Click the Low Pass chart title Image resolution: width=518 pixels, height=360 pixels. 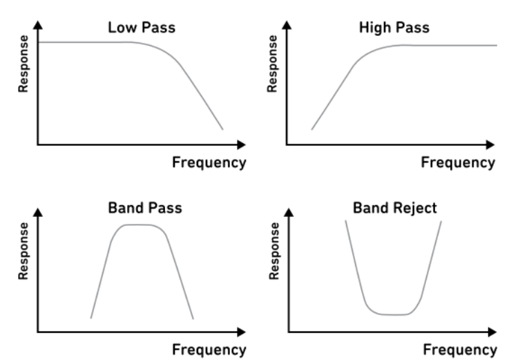click(x=142, y=28)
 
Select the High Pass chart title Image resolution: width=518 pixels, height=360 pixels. click(x=394, y=28)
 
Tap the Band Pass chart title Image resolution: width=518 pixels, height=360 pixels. click(x=145, y=208)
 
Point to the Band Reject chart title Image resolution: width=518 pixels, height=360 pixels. click(x=395, y=208)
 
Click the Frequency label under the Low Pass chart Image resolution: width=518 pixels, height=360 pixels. click(x=209, y=163)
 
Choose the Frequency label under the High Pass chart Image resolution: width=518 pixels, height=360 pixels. click(x=458, y=163)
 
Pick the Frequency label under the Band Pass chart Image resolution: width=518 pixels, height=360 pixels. click(x=209, y=350)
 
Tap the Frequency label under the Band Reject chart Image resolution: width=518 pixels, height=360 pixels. click(x=460, y=350)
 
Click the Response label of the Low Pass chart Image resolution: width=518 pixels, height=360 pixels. click(x=23, y=64)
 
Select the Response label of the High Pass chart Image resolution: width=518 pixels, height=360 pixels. click(x=272, y=64)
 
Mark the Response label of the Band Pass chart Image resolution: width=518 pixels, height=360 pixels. click(x=23, y=252)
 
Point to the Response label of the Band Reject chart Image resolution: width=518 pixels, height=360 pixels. click(x=274, y=252)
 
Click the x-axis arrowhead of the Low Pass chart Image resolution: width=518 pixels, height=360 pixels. click(x=242, y=144)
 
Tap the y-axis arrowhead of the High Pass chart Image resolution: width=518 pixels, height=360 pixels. click(x=287, y=25)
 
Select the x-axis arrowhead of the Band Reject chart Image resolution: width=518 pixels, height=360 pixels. click(x=492, y=332)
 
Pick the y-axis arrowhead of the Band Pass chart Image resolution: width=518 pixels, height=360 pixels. click(x=38, y=213)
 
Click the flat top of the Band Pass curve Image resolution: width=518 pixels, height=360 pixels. click(x=138, y=225)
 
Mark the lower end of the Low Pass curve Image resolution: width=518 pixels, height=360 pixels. click(x=222, y=129)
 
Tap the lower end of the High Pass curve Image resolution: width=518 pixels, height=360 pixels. click(x=311, y=129)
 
